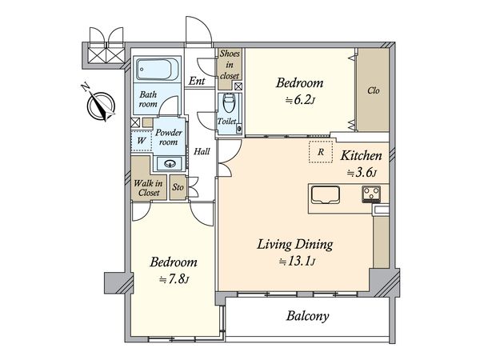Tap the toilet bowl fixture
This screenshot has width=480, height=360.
coord(228,103)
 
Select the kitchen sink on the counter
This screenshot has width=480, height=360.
coord(325,195)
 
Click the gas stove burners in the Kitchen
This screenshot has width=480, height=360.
coord(371,194)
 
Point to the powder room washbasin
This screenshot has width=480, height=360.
coord(170,163)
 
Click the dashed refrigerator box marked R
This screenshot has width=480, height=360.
coord(321,151)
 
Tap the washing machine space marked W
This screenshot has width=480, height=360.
coord(142,141)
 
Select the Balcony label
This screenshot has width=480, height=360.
coord(308,316)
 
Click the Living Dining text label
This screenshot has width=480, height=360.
coord(294,245)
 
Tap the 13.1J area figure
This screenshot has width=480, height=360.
coord(297,262)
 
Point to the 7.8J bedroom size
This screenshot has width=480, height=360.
coord(174,279)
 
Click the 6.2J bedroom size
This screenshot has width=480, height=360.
coord(300,100)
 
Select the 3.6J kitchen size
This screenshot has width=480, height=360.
coord(362,173)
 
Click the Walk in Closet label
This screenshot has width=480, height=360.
coord(148,188)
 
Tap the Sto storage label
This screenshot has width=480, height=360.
coord(178,187)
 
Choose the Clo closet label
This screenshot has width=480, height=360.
coord(373,90)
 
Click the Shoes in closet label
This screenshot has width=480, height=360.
coord(230,65)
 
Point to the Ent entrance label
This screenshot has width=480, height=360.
coord(197,81)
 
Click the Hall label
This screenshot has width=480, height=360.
coord(202,151)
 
